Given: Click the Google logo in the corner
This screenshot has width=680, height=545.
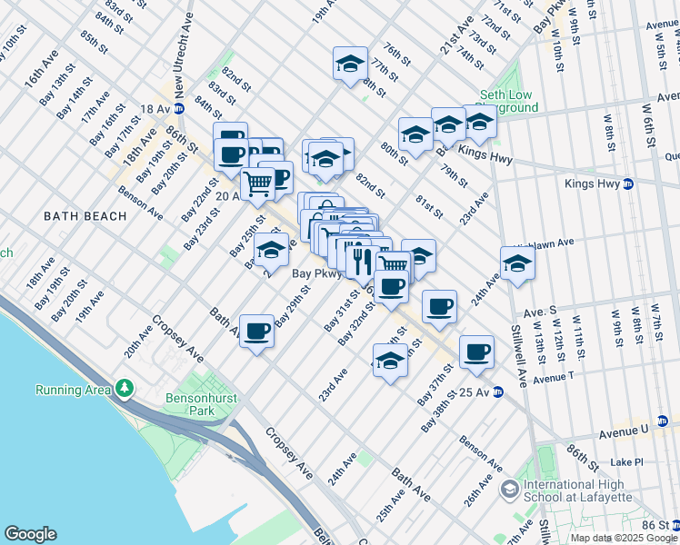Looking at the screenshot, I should coord(30,534).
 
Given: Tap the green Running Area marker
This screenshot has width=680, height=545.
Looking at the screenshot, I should coord(124,390).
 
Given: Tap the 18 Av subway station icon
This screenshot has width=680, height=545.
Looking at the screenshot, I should coord(179,109).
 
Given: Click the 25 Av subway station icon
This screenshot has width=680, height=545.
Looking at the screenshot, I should coord(497,392).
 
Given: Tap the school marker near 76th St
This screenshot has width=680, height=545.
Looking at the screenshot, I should coord(350,64).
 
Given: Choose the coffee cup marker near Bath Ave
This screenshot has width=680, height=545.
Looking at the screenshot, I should coord(257,331).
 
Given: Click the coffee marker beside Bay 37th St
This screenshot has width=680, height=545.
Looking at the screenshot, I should coord(476,352).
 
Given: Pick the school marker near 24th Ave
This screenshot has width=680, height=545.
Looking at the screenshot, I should coord(517,263).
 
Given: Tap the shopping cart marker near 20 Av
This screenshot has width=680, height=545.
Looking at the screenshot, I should coord(257,183).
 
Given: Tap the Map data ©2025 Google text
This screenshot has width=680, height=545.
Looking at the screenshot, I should coord(623,538).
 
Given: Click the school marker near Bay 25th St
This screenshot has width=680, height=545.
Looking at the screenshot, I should coord(271,250).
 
